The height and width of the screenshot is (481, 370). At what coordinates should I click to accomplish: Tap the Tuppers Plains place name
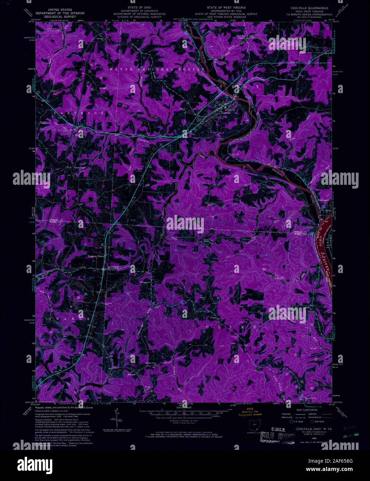coord(95,256)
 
